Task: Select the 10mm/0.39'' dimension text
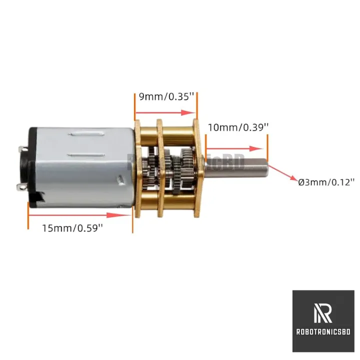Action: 238,127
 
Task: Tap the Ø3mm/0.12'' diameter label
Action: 326,182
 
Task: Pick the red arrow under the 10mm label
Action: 234,148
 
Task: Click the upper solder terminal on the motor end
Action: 22,149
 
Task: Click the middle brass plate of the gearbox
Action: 160,168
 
